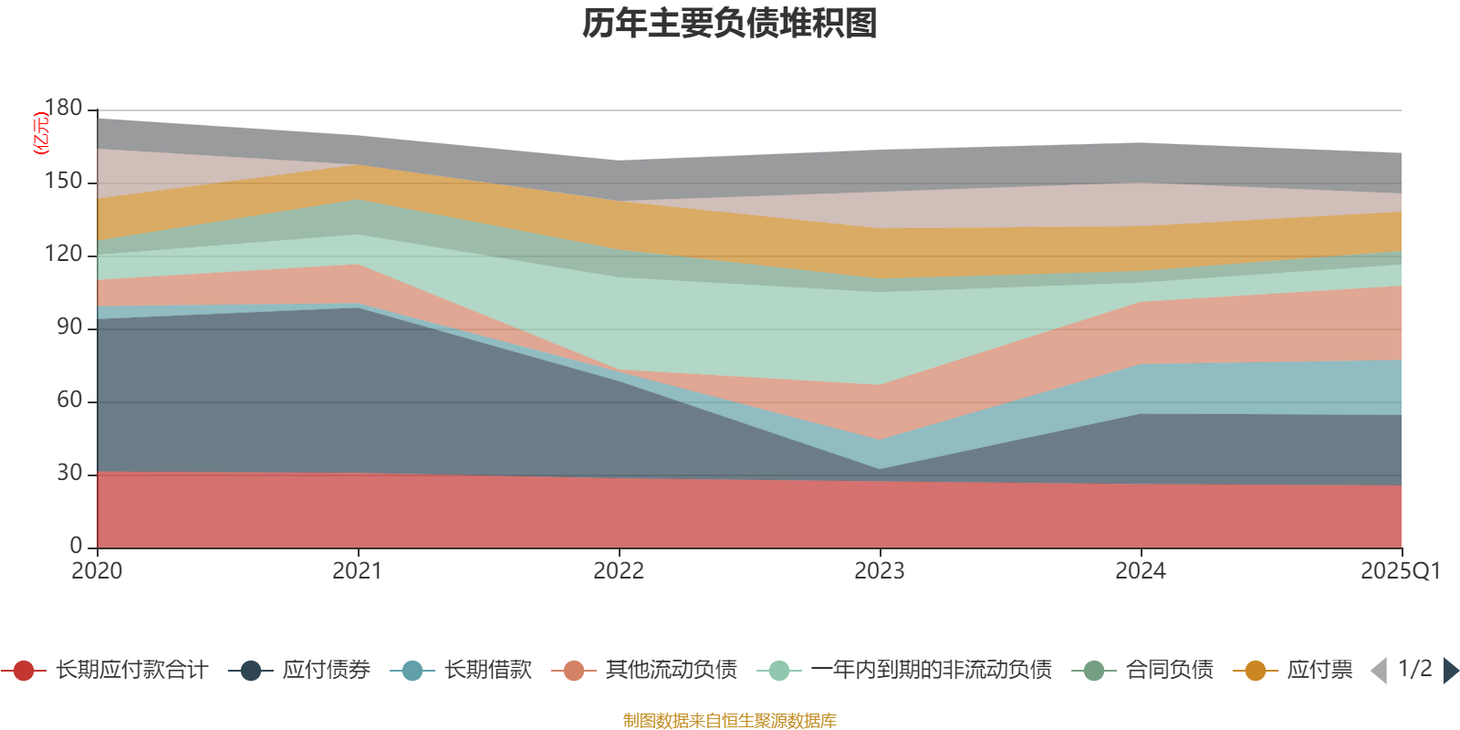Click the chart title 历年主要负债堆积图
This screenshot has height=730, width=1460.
(730, 24)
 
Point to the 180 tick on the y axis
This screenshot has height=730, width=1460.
(63, 109)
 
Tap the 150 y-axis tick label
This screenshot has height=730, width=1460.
(63, 182)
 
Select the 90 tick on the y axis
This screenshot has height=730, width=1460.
(69, 328)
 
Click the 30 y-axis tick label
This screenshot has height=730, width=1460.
(69, 474)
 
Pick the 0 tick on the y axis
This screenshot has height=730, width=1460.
(77, 546)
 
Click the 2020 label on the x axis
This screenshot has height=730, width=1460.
(97, 571)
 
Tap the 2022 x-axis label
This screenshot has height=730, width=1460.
(619, 571)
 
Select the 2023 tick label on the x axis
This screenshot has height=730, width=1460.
(880, 571)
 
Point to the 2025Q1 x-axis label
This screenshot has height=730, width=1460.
(1400, 571)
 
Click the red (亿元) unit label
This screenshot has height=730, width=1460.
(41, 134)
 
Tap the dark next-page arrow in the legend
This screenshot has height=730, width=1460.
(1450, 671)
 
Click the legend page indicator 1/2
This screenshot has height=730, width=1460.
(1414, 669)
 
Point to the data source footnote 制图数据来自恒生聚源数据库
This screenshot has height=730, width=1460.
(730, 721)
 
